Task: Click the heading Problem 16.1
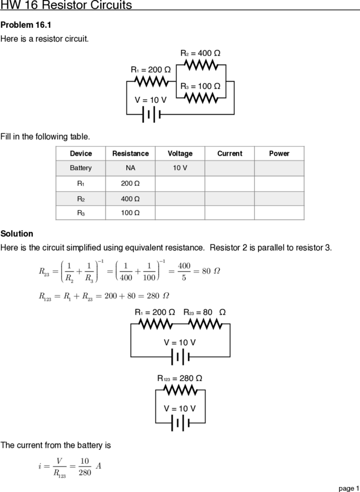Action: pos(26,25)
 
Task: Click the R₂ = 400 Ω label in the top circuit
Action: pos(200,53)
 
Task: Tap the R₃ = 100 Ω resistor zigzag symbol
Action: pos(201,98)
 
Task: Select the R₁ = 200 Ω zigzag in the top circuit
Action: pos(152,82)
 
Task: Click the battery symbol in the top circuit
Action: pos(152,115)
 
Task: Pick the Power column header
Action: pos(279,153)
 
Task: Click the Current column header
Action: pos(230,153)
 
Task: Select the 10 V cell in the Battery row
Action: pos(180,168)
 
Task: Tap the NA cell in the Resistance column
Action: pos(130,168)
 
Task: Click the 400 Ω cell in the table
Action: pos(130,199)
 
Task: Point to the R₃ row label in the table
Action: pos(81,213)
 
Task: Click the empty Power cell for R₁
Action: pos(279,183)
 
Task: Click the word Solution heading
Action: pos(17,233)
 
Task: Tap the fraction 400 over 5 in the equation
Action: pos(184,271)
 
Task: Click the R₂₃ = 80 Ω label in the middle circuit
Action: pos(205,312)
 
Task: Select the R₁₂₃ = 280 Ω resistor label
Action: pos(180,379)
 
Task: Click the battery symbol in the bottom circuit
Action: pos(181,423)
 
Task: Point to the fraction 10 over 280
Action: pos(85,466)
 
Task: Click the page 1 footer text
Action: pos(348,488)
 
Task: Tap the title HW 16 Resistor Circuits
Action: pos(66,4)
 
